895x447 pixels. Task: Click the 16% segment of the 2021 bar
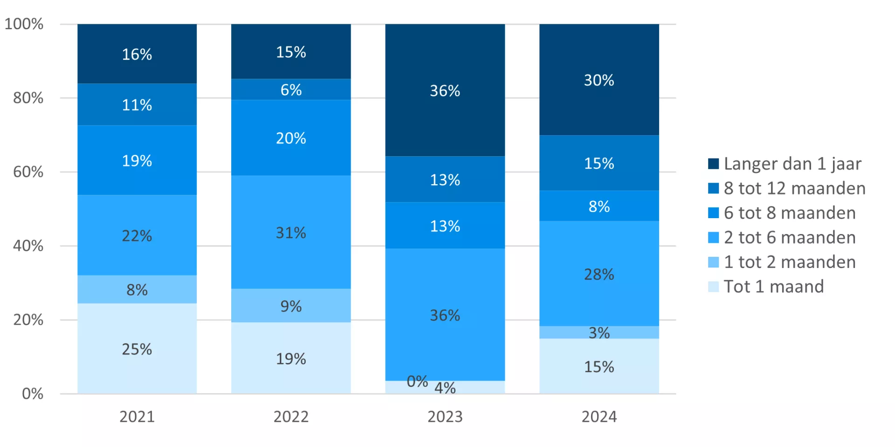(137, 54)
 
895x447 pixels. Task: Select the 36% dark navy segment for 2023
(445, 90)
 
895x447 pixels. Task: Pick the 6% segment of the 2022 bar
(291, 89)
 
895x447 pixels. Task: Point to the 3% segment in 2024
(599, 332)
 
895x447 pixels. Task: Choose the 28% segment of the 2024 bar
(599, 274)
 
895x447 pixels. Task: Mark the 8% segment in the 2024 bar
(599, 206)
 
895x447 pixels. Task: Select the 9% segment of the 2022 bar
(291, 305)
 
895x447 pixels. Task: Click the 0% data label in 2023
(417, 381)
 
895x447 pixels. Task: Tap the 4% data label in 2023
(445, 387)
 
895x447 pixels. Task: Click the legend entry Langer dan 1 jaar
(792, 164)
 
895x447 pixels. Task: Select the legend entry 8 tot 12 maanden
(794, 188)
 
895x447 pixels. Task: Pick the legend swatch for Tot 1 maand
(713, 287)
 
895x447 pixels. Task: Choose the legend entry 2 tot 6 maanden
(789, 237)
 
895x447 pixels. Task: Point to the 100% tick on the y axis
(24, 24)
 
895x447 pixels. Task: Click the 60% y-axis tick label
(28, 172)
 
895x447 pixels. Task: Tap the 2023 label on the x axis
(445, 416)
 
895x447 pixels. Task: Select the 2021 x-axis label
(137, 416)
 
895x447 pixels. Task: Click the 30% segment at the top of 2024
(599, 80)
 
